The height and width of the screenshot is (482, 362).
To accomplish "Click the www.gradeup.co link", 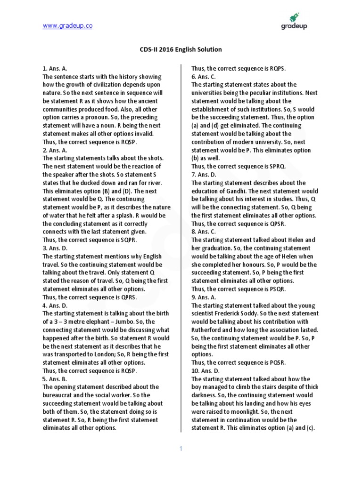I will point(67,26).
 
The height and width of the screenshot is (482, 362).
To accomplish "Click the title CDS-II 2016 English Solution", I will point(181,49).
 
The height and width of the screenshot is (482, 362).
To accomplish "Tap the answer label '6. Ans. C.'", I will point(204,76).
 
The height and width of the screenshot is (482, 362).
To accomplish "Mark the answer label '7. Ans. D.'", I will point(204,175).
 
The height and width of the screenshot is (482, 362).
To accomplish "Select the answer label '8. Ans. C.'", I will point(204,232).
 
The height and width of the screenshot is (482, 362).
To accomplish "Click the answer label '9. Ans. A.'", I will point(204,297).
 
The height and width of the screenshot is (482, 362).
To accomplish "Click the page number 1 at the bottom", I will point(181,449).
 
